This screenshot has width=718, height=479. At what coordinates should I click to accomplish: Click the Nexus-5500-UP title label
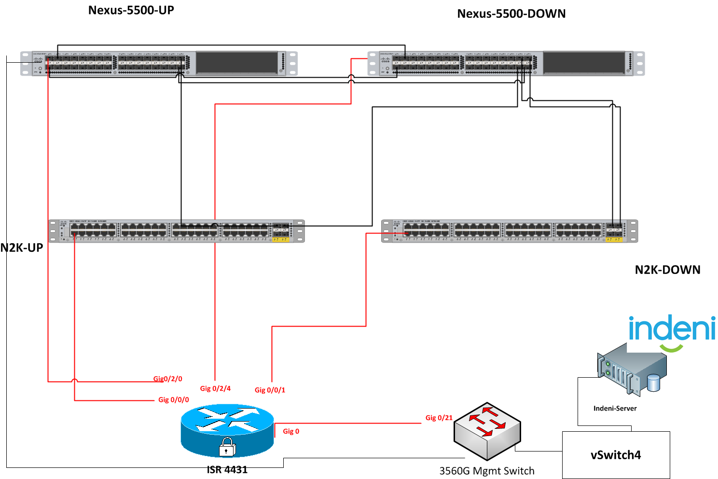click(x=131, y=10)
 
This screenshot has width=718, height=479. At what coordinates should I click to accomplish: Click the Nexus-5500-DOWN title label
click(x=511, y=14)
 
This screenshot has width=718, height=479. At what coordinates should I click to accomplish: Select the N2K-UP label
click(x=22, y=248)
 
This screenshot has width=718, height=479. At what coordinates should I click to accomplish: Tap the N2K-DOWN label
click(x=667, y=270)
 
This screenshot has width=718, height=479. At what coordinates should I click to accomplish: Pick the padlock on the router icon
click(x=227, y=447)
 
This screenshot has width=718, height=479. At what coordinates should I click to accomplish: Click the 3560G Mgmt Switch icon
click(x=487, y=431)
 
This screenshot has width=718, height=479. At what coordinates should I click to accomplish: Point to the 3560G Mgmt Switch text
click(x=486, y=471)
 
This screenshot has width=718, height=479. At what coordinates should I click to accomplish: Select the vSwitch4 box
click(x=616, y=455)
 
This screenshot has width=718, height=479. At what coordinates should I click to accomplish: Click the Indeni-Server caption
click(x=615, y=408)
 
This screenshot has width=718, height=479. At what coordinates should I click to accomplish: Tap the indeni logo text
click(x=672, y=328)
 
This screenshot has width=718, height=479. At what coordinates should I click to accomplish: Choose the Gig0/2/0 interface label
click(x=168, y=379)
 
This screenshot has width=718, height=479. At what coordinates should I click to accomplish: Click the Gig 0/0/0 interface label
click(x=174, y=399)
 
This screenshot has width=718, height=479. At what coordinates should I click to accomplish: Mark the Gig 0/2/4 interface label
click(x=215, y=388)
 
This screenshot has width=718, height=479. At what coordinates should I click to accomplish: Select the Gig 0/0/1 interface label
click(x=270, y=390)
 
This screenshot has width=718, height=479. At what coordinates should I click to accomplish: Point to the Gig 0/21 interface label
click(x=439, y=418)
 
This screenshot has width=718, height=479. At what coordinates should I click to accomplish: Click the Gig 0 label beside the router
click(x=291, y=431)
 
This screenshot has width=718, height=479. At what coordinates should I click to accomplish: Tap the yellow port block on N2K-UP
click(x=280, y=239)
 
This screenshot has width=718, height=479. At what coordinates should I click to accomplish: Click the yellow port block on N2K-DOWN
click(x=614, y=239)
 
